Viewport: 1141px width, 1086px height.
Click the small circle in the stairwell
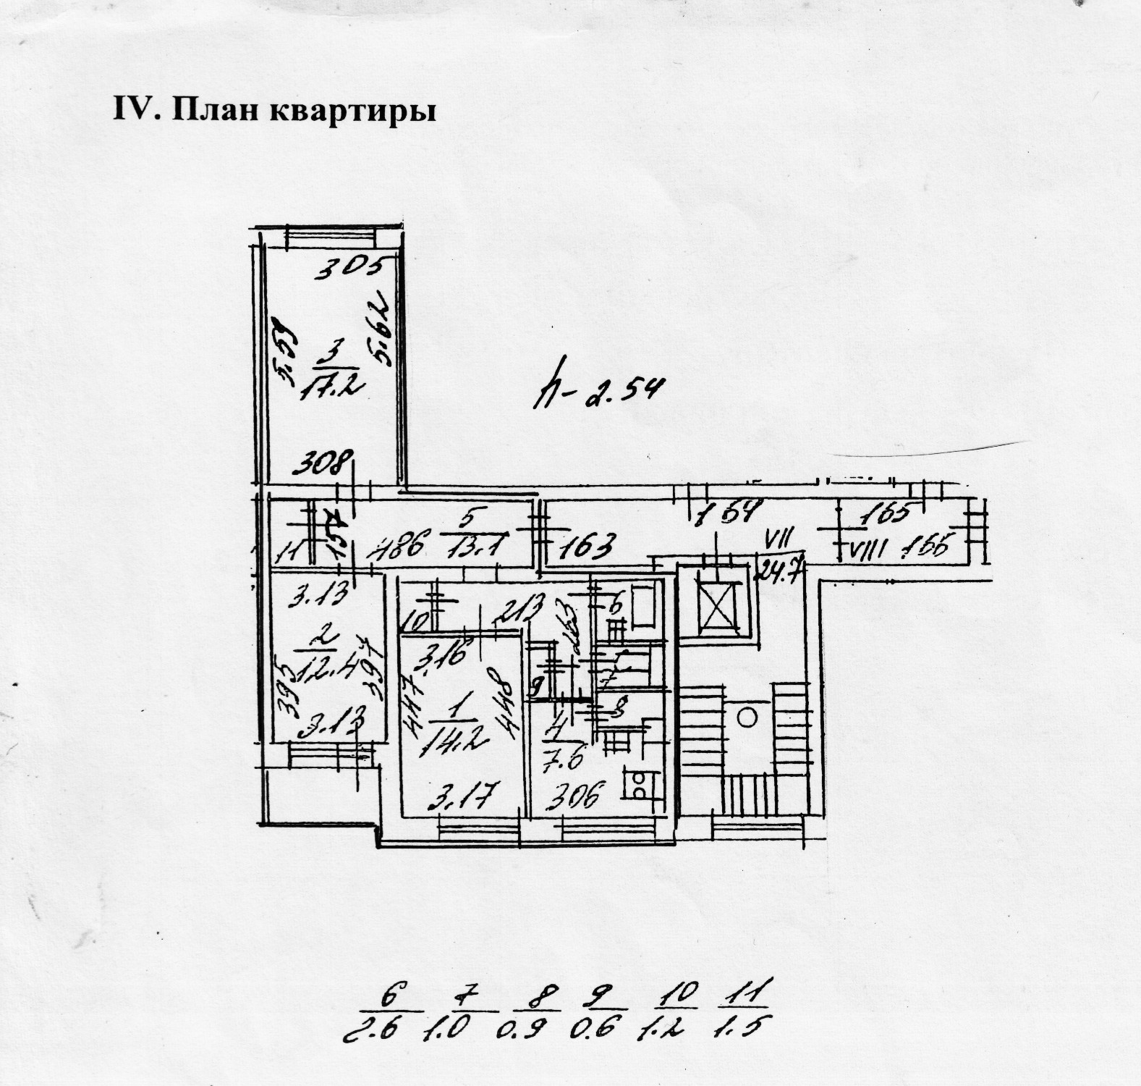(x=747, y=717)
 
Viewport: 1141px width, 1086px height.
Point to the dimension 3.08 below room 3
(x=326, y=461)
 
